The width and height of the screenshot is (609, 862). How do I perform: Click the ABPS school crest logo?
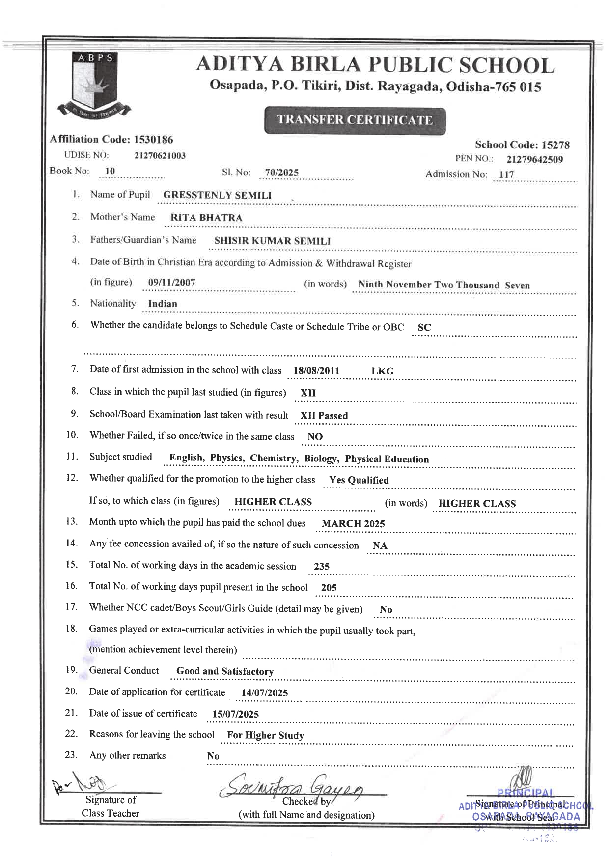coord(94,84)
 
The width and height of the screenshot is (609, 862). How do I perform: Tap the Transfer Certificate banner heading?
coord(355,120)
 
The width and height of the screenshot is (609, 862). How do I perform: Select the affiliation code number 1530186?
coord(153,140)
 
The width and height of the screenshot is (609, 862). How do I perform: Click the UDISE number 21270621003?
coord(160,156)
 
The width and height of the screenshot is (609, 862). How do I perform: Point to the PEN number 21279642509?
coord(534,159)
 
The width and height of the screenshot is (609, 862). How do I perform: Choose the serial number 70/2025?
coord(281,172)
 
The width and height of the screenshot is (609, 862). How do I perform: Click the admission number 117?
coord(506,174)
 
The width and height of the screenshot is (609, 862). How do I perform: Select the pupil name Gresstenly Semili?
coord(217,195)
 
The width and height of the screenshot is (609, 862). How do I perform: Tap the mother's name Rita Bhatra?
coord(206,218)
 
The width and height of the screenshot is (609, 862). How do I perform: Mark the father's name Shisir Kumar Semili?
coord(272,241)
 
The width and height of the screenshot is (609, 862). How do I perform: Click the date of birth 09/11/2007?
coord(171,283)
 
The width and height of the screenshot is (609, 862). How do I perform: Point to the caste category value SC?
coord(424,327)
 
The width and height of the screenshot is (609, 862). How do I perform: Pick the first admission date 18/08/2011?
coord(316,371)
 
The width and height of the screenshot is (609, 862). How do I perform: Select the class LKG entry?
coord(382,371)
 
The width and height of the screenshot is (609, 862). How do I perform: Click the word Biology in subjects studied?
coord(321,459)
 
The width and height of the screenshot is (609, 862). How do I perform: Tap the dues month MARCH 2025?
coord(353,524)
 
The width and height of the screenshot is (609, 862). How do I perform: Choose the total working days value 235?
coord(322,566)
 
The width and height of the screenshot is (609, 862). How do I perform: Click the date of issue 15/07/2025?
coord(235,714)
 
